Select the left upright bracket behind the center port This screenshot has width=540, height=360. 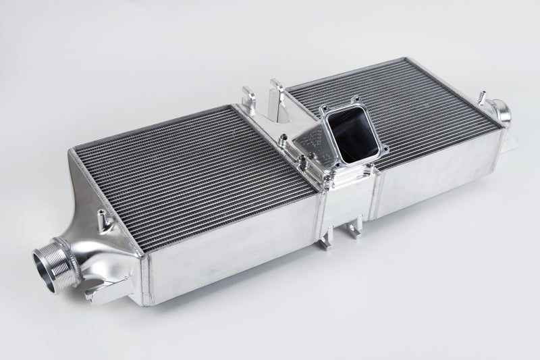[246, 95]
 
